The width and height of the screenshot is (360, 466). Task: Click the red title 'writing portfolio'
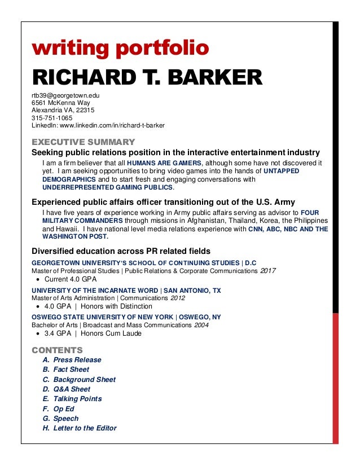[x=120, y=49]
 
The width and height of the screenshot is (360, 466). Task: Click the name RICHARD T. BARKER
[x=147, y=78]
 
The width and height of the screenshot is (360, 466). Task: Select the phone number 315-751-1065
[x=48, y=118]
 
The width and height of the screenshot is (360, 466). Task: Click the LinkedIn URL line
[x=98, y=126]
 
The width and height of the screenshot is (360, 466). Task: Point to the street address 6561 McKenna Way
[x=61, y=103]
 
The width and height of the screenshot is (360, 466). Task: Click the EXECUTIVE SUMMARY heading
[x=83, y=142]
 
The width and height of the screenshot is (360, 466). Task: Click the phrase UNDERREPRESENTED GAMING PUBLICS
[x=108, y=187]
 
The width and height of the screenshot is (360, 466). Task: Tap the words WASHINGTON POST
[x=76, y=237]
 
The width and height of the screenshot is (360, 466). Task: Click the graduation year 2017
[x=268, y=271]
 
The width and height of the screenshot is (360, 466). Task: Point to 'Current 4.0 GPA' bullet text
[x=71, y=279]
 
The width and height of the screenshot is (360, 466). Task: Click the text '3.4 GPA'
[x=56, y=333]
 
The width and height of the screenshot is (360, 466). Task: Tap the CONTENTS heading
[x=57, y=350]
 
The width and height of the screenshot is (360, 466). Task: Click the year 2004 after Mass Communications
[x=203, y=325]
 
